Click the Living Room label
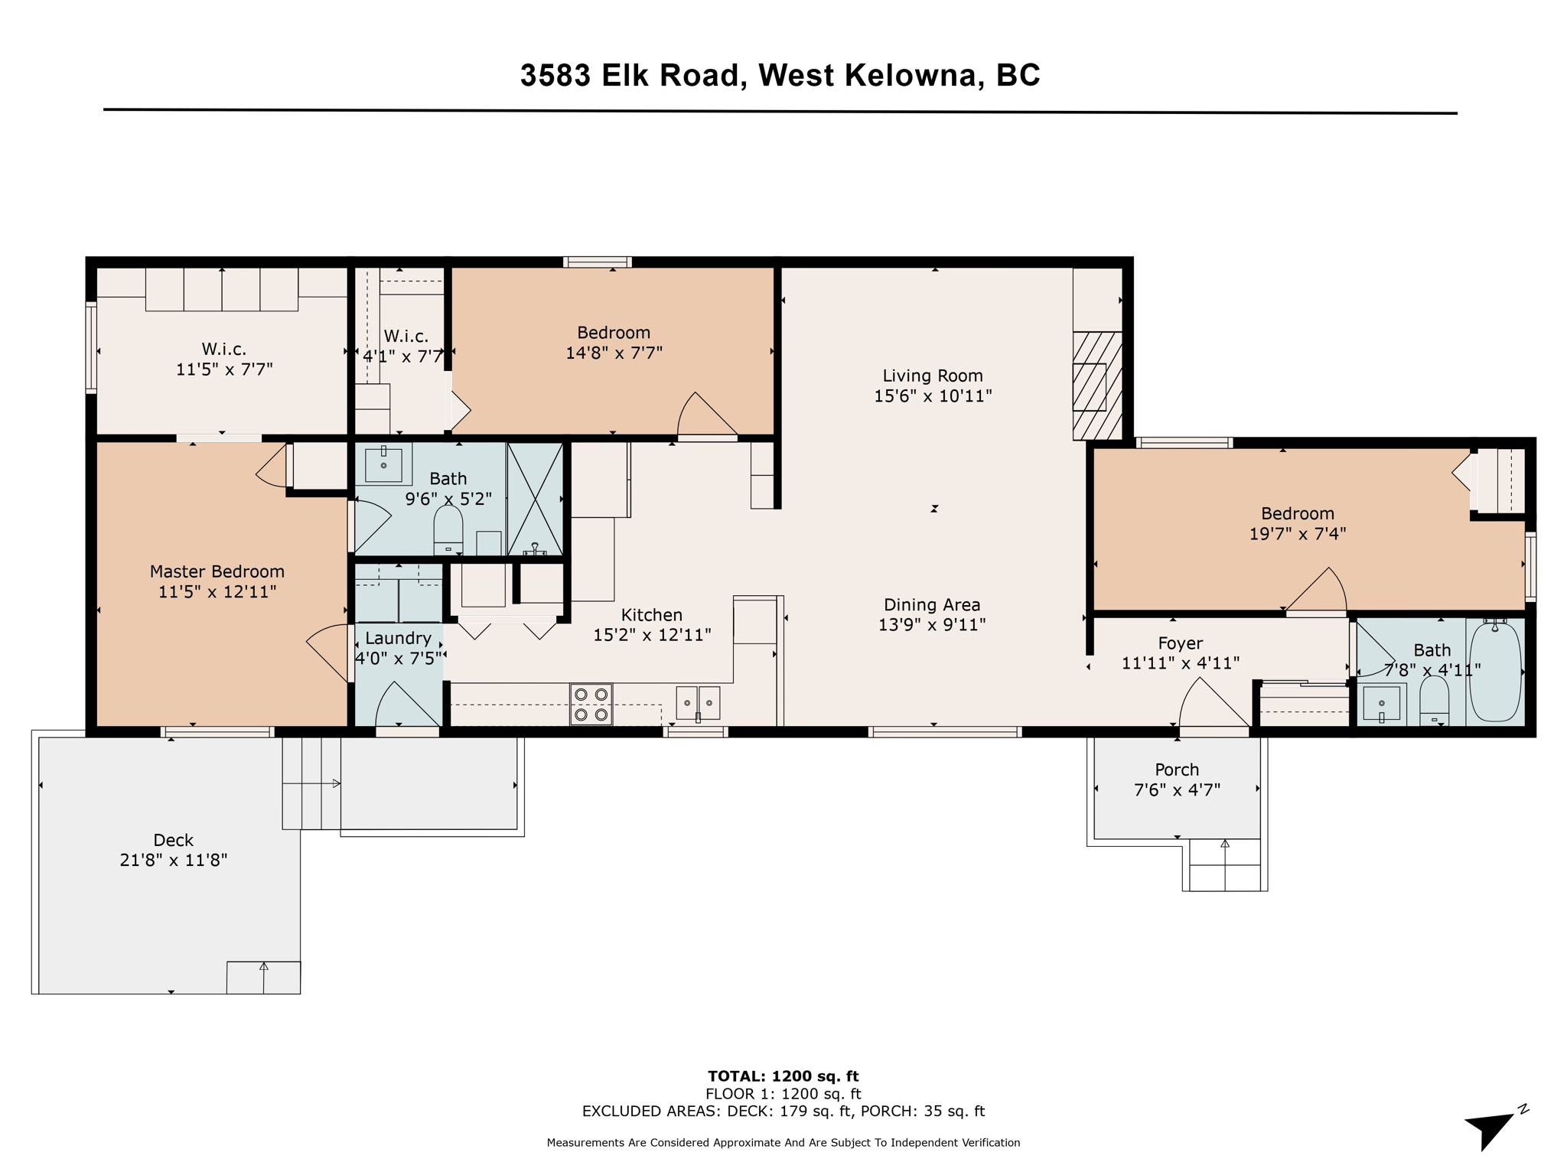click(933, 376)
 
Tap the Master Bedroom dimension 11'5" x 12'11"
click(217, 592)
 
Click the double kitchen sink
click(698, 702)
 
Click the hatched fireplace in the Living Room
click(1097, 386)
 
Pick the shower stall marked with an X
click(536, 498)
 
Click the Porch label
click(1177, 770)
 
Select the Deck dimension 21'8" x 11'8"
click(174, 860)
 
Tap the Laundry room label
click(398, 638)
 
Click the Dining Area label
click(932, 604)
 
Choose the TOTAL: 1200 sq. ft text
click(783, 1076)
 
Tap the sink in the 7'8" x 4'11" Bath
click(1381, 703)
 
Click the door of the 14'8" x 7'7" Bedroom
click(706, 417)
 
